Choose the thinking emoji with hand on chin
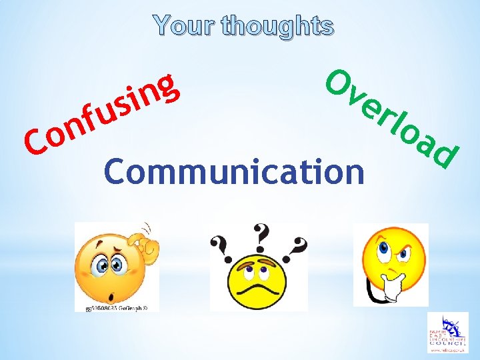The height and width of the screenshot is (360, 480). (x=389, y=263)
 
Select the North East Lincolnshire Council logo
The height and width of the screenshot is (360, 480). (x=447, y=333)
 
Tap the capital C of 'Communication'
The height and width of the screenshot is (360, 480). (x=115, y=171)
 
